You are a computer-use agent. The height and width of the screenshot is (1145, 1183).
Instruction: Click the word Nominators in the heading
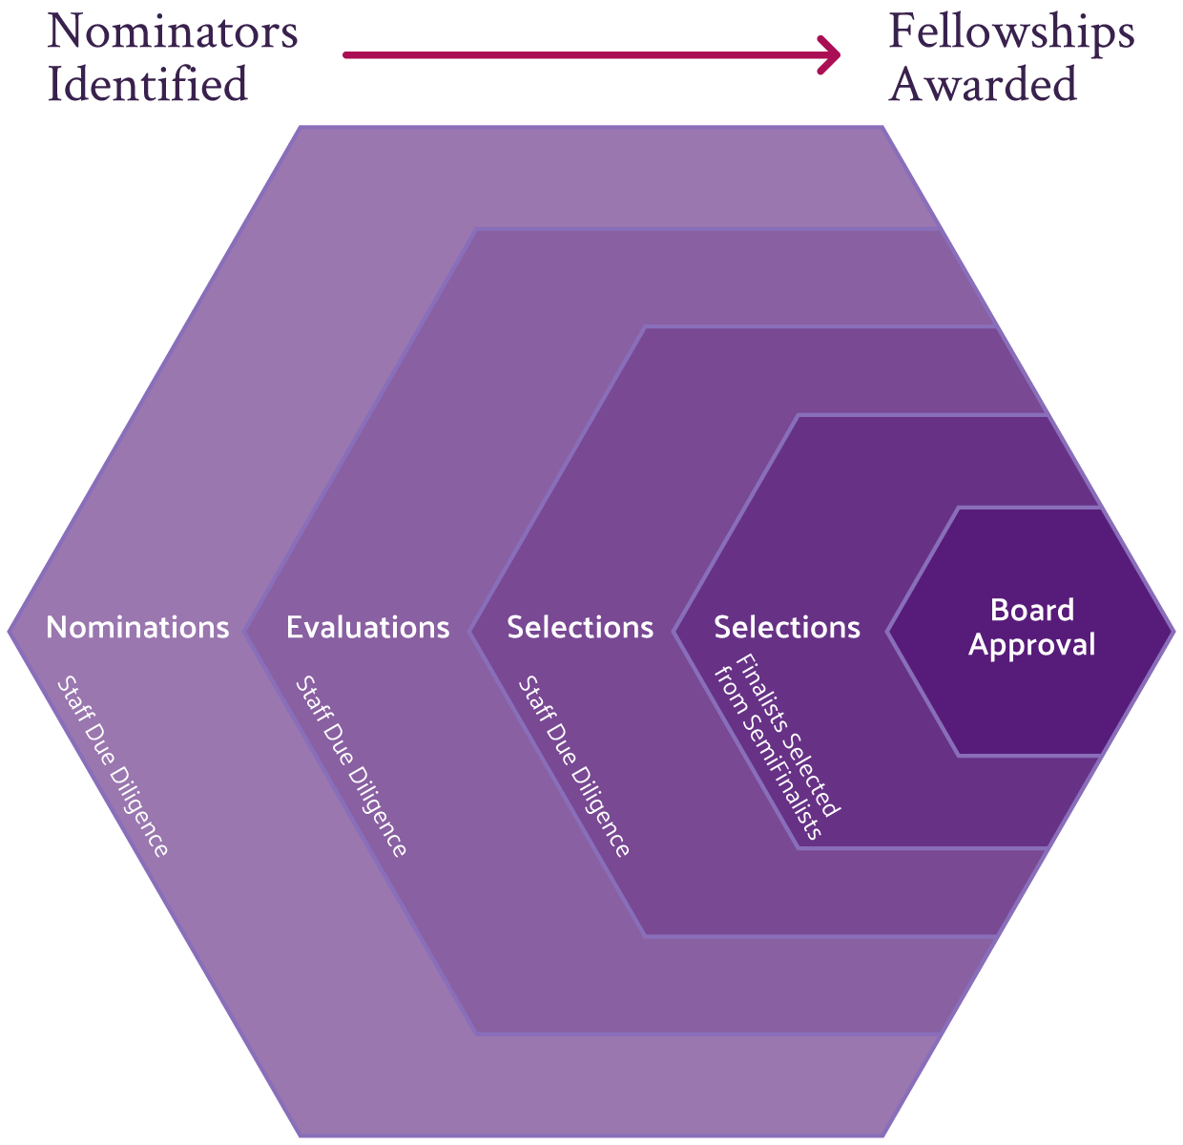173,32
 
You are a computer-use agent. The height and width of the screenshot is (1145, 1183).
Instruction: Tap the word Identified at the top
148,84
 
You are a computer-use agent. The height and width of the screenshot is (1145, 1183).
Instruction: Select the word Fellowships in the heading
1011,32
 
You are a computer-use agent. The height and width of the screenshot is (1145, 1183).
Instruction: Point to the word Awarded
984,84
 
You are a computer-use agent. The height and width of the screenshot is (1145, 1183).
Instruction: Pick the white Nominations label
137,627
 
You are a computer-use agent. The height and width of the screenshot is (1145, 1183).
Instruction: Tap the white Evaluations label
367,627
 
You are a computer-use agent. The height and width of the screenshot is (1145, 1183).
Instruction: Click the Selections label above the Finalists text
787,627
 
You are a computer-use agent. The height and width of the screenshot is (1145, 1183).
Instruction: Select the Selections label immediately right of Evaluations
580,627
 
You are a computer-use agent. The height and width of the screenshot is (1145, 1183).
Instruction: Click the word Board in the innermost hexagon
1032,610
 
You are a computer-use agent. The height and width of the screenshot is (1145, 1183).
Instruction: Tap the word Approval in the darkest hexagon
1032,645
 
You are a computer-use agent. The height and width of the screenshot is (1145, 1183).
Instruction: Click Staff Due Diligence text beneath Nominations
113,766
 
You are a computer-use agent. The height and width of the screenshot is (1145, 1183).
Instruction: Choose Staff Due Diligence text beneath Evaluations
351,766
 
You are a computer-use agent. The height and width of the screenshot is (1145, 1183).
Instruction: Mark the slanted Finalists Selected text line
789,735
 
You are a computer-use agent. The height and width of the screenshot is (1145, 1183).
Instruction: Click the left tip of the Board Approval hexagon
889,631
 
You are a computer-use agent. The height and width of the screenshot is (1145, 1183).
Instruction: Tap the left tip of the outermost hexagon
10,631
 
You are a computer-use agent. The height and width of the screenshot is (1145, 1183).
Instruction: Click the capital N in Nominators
64,32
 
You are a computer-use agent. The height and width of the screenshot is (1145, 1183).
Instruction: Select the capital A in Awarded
907,84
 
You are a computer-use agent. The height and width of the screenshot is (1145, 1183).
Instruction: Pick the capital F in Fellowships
903,32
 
